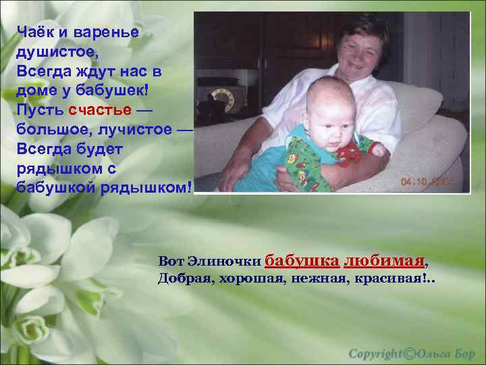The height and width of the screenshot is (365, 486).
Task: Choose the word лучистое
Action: [130, 129]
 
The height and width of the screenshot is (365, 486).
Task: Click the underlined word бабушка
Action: [302, 260]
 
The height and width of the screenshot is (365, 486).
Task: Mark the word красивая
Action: [386, 278]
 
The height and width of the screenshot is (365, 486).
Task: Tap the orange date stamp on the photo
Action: [427, 182]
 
